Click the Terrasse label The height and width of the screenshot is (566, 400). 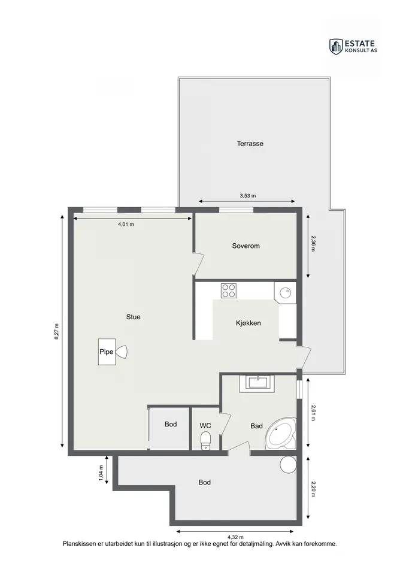[x=250, y=143]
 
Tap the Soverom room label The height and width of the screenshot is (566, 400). [x=246, y=246]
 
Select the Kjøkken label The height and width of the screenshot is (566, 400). [x=249, y=323]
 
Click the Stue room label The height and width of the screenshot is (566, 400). [x=133, y=317]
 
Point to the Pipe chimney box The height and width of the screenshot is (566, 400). [x=107, y=352]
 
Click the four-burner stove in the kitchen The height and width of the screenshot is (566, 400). [x=229, y=291]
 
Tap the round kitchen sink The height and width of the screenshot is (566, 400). [x=286, y=292]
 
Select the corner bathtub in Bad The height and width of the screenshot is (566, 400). [x=282, y=434]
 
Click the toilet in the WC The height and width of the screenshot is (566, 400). [x=205, y=441]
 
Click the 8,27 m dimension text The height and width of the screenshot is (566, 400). [x=56, y=331]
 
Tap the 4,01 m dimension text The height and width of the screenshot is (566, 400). [x=126, y=224]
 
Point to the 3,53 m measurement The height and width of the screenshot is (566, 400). [x=248, y=196]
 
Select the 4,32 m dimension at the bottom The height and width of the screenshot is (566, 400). [x=235, y=537]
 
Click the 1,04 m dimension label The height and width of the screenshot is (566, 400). [x=101, y=473]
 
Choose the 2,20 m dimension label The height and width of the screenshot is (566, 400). [x=313, y=489]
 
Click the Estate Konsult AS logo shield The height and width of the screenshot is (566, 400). [x=336, y=47]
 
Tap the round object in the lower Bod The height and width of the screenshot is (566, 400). [x=288, y=464]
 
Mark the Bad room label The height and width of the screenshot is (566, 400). [x=256, y=426]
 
